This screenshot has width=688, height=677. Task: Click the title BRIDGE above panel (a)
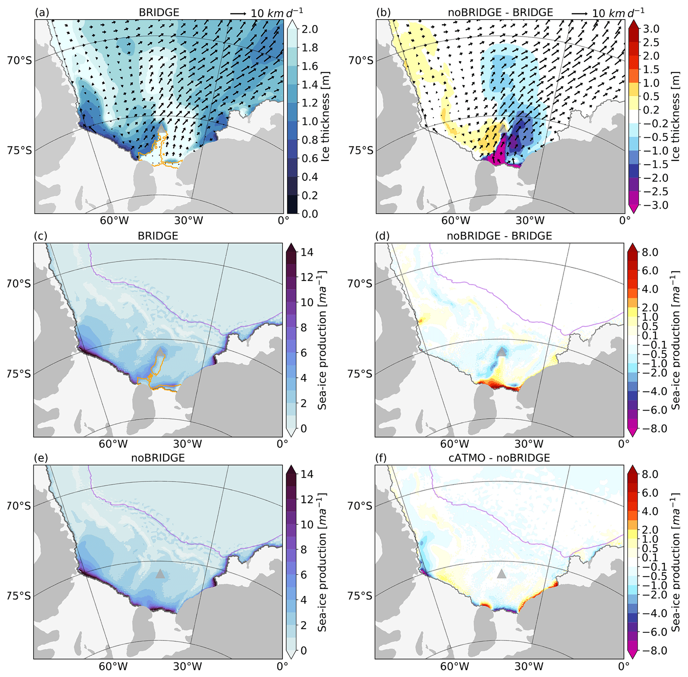159,12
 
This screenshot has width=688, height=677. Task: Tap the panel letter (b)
383,12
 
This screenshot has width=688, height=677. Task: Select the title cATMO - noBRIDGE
500,458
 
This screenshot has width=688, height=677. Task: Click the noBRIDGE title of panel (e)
158,458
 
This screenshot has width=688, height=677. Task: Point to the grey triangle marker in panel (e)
160,574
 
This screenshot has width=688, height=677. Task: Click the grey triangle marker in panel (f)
501,574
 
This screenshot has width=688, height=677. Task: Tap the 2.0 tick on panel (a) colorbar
310,29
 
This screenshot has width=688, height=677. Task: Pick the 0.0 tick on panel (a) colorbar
310,214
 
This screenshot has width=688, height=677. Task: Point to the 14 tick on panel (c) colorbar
307,253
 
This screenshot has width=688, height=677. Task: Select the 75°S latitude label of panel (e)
19,595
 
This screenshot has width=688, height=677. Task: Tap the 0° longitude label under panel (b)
625,221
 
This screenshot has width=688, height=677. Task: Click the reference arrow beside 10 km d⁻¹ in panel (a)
238,14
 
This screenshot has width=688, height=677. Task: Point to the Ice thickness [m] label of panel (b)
675,117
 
